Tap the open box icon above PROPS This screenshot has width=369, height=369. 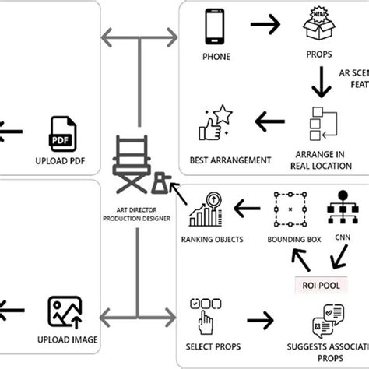click(320, 28)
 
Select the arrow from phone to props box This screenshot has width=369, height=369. click(266, 26)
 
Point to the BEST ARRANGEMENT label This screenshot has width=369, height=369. click(230, 160)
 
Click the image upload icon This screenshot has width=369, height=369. click(65, 312)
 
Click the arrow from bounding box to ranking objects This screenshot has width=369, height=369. click(248, 208)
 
